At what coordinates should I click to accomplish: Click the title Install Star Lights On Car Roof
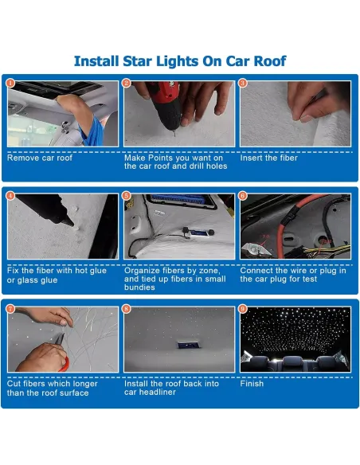click(x=180, y=61)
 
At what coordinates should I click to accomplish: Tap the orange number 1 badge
click(x=10, y=83)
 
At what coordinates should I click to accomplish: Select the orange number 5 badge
click(x=127, y=196)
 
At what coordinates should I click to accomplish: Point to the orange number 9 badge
click(x=243, y=309)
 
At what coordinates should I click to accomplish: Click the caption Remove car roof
click(x=40, y=158)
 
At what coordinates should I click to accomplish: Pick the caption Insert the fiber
click(x=268, y=158)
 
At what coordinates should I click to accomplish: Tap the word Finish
click(x=252, y=384)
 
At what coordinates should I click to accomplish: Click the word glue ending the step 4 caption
click(x=48, y=280)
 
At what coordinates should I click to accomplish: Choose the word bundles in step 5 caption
click(x=139, y=287)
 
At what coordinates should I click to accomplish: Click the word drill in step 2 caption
click(x=197, y=166)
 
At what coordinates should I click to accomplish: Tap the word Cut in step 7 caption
click(x=14, y=384)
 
